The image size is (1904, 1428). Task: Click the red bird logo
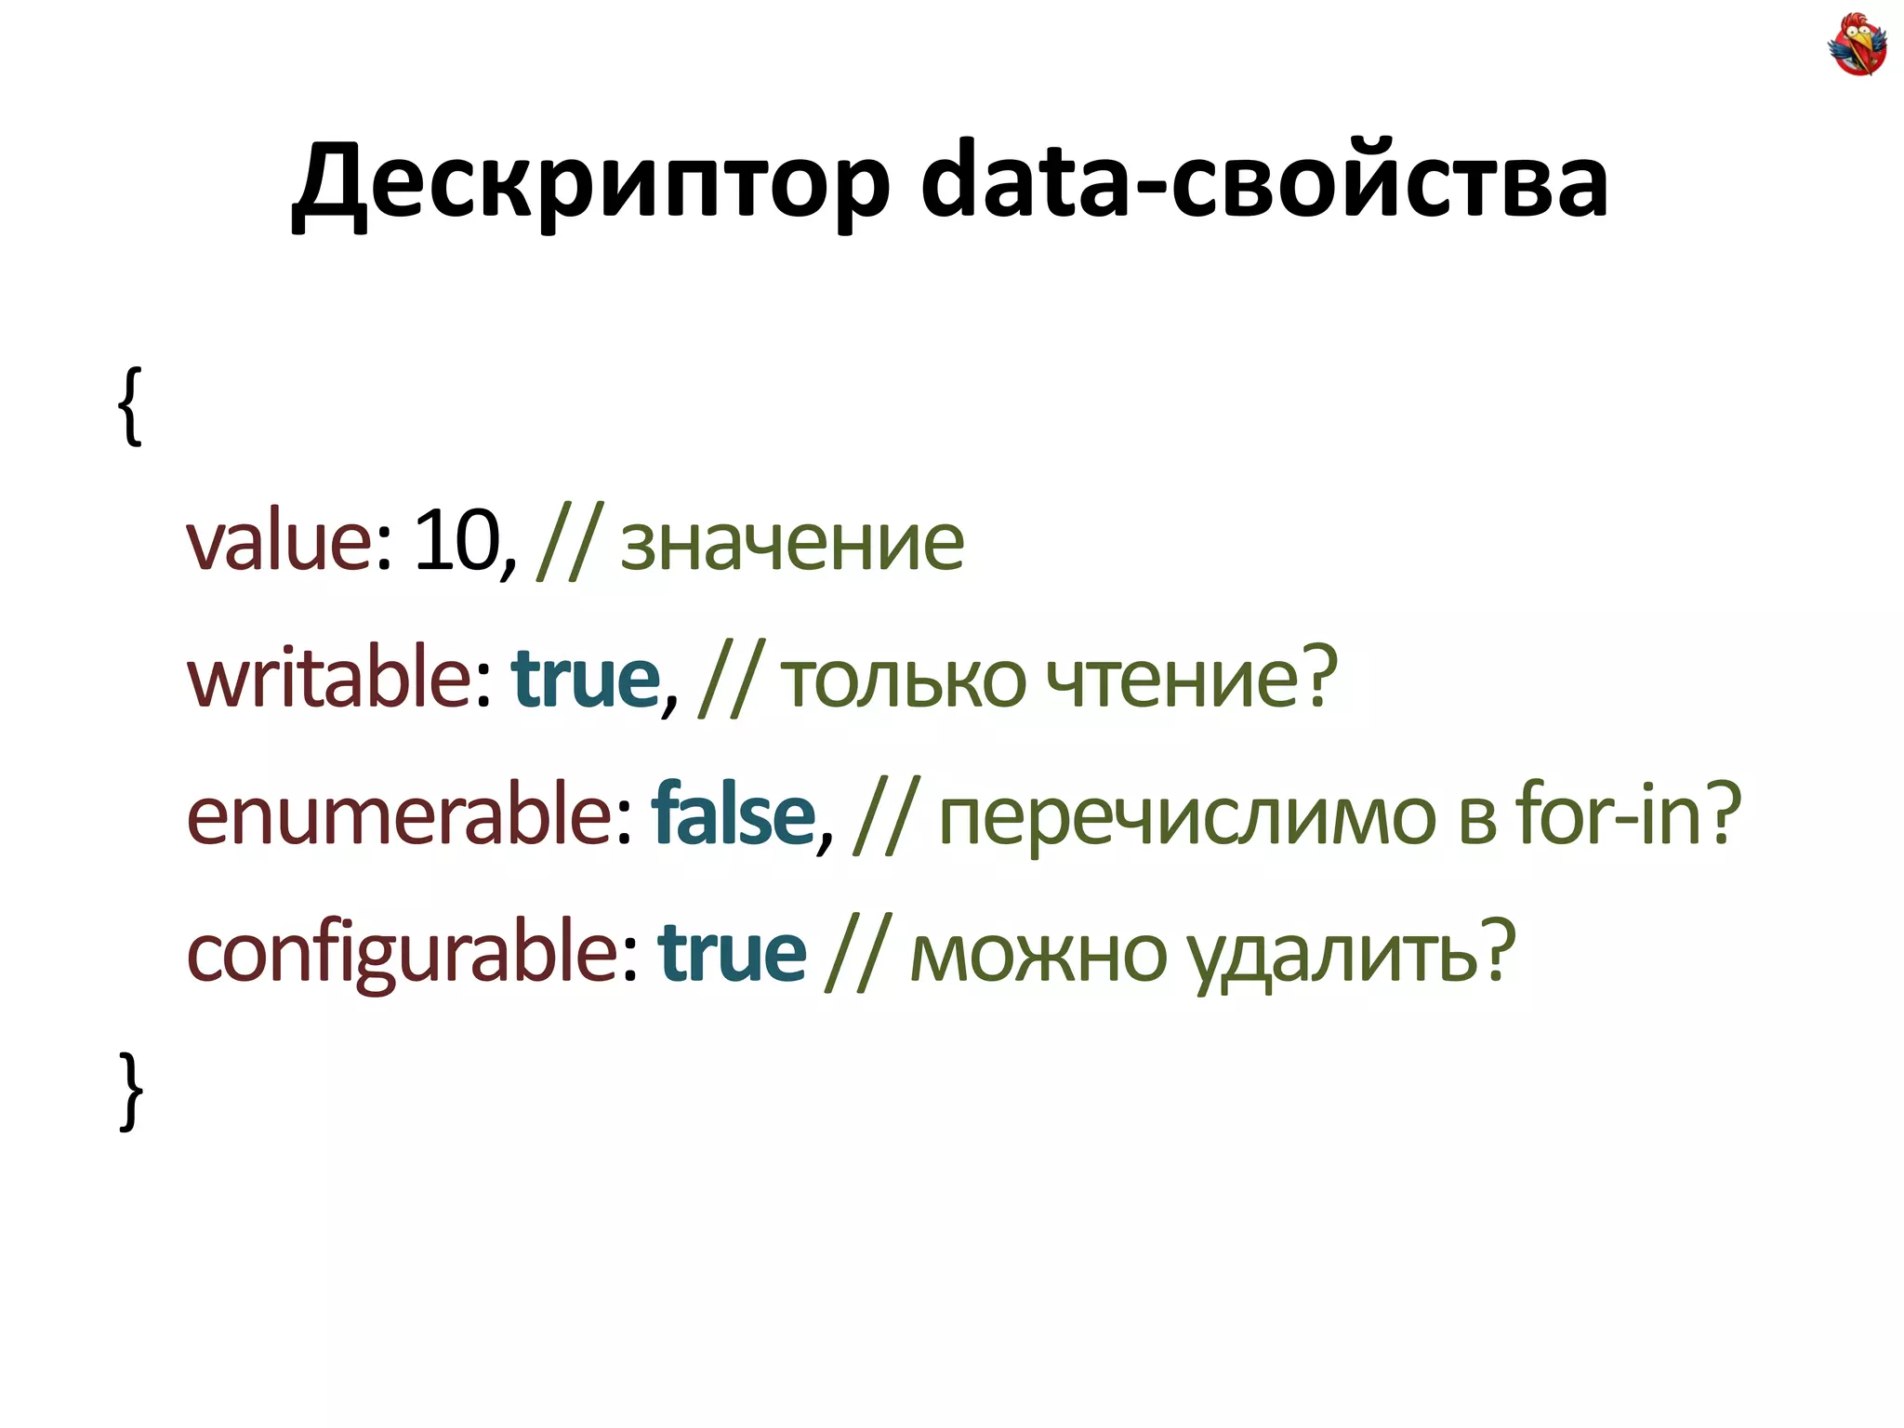1857,44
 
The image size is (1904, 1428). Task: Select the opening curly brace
131,405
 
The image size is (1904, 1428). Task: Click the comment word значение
792,544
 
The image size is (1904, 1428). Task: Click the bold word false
734,814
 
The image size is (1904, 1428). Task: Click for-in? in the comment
1627,813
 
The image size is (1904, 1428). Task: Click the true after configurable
732,953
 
